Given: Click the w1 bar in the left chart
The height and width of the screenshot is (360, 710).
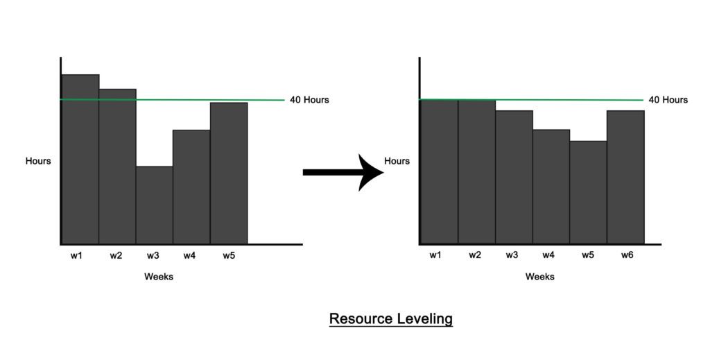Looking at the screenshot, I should pyautogui.click(x=80, y=160).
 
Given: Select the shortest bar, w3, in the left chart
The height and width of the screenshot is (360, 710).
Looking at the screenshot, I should pyautogui.click(x=155, y=205).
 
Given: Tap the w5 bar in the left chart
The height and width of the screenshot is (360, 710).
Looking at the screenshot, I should pyautogui.click(x=229, y=173).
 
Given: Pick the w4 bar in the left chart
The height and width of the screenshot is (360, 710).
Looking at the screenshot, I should pyautogui.click(x=191, y=187).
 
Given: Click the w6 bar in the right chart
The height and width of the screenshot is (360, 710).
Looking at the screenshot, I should pyautogui.click(x=625, y=178).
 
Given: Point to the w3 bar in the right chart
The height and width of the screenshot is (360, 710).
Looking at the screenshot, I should pyautogui.click(x=514, y=178).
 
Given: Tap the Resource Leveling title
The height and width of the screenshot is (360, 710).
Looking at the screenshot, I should pyautogui.click(x=390, y=319).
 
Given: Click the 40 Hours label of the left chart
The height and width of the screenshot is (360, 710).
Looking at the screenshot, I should pyautogui.click(x=309, y=100).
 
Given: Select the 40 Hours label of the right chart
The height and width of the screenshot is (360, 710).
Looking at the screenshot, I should pyautogui.click(x=668, y=100).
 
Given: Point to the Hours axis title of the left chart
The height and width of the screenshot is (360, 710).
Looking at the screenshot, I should pyautogui.click(x=38, y=161).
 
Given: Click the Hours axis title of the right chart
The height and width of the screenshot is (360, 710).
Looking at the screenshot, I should pyautogui.click(x=397, y=161).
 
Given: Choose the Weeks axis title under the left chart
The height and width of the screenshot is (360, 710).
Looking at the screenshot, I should pyautogui.click(x=159, y=277).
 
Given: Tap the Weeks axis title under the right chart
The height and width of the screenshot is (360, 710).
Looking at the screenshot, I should pyautogui.click(x=539, y=277).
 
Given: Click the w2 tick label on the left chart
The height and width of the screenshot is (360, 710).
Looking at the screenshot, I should pyautogui.click(x=116, y=255).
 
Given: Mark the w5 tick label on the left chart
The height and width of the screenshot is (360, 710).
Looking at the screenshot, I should pyautogui.click(x=229, y=255).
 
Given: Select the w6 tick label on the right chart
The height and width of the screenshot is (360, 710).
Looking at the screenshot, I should pyautogui.click(x=626, y=255).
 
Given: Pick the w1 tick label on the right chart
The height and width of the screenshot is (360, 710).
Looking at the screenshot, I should pyautogui.click(x=435, y=255).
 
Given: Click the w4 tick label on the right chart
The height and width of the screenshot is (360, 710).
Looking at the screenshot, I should pyautogui.click(x=548, y=255).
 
